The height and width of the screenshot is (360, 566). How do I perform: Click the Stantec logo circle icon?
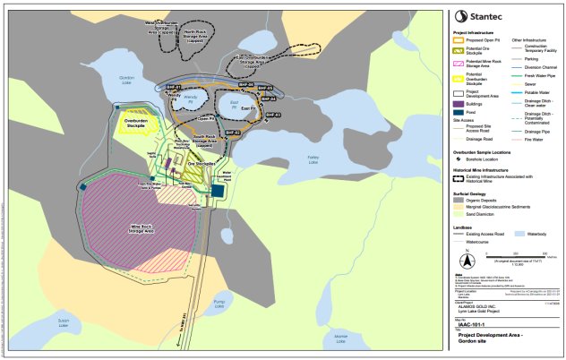click(459, 15)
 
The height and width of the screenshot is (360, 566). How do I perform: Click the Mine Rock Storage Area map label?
click(136, 228)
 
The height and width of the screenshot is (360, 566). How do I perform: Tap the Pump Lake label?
click(269, 302)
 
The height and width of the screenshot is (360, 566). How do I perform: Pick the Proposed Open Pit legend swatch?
click(459, 40)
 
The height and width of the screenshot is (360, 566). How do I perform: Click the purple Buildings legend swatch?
click(459, 103)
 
